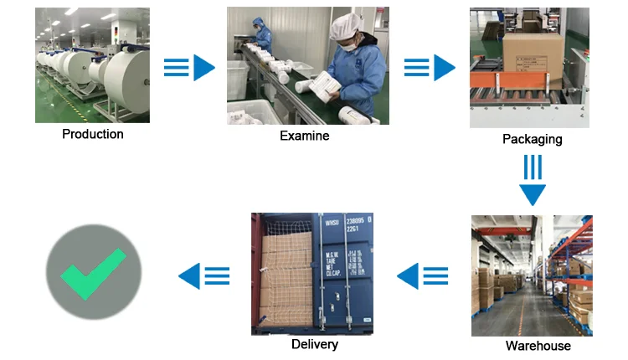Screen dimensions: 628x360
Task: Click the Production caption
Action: [x=92, y=134]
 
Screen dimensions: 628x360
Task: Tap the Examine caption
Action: [x=304, y=136]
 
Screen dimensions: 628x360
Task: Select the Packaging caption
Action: [x=532, y=139]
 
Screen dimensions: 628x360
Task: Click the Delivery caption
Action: [x=315, y=344]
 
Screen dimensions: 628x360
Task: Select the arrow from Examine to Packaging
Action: [x=430, y=68]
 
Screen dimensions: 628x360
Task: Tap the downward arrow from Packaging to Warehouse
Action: [x=532, y=179]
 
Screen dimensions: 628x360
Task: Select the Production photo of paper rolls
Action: [x=92, y=65]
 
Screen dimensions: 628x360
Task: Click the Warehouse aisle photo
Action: [x=531, y=275]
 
